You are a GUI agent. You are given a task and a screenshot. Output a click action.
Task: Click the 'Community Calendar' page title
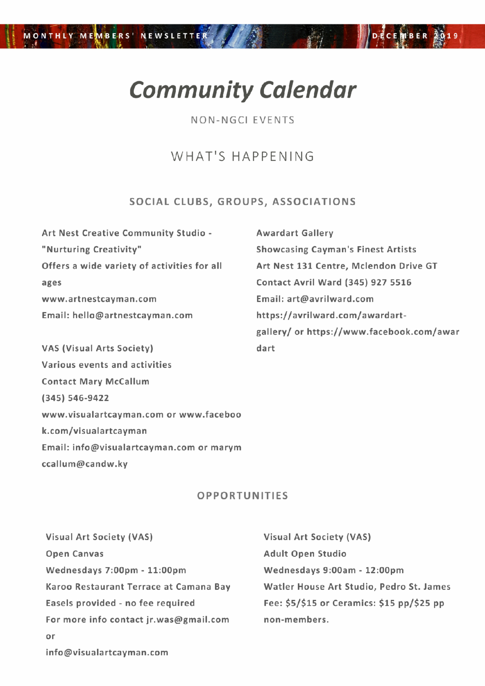coord(242,90)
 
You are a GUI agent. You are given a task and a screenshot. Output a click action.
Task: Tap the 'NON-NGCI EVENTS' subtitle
coord(242,120)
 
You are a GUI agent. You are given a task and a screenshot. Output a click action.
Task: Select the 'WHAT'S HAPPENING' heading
coord(242,156)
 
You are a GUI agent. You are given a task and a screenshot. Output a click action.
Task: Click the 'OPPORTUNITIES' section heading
coord(242,496)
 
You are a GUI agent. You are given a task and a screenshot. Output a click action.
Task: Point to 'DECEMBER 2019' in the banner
coord(415,36)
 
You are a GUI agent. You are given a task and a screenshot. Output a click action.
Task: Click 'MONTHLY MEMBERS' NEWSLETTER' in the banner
coord(116,36)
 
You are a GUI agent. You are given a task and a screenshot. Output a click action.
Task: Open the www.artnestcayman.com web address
coord(99,299)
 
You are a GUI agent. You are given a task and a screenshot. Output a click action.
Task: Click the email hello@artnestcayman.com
coord(133,315)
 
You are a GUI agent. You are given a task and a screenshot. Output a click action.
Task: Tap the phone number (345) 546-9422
coord(75,398)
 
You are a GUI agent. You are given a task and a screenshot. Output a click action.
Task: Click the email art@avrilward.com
coord(330,299)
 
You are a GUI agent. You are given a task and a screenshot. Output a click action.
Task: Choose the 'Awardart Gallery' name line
coord(295,233)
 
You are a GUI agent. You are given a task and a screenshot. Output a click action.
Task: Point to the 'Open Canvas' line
coord(75,554)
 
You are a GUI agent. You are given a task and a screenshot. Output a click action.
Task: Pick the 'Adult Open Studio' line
coord(305,554)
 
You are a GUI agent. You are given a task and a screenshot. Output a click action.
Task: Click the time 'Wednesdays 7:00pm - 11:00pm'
coord(116,570)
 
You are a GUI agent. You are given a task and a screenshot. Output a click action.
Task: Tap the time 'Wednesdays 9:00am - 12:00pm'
coord(333,570)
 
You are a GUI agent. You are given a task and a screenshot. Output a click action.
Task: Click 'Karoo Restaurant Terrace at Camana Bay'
coord(138,587)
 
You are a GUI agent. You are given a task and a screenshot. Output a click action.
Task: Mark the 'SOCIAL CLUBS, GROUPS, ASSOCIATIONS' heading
coord(242,202)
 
